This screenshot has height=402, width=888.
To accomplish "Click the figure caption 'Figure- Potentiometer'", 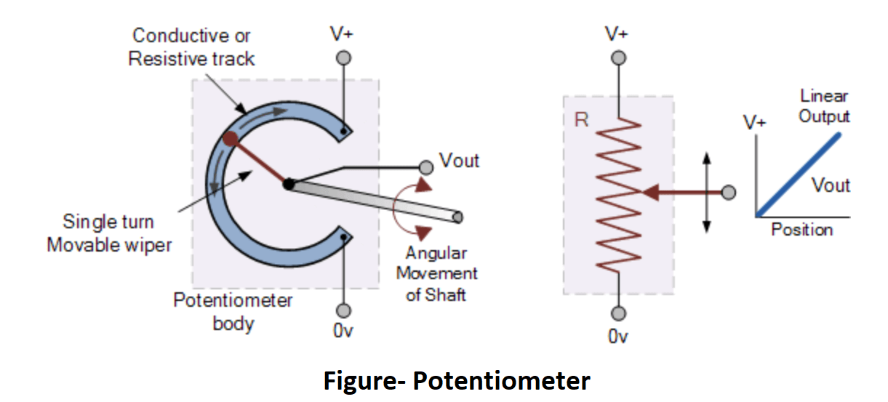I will (x=457, y=380).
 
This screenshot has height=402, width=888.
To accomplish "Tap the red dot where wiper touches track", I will (x=231, y=139).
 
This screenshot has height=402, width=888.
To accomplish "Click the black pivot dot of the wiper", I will (x=289, y=185).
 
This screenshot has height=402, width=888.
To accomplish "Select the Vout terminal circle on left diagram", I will (x=426, y=167).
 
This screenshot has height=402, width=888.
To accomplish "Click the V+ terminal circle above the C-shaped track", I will (x=344, y=57).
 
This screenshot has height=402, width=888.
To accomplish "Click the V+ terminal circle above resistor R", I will (x=617, y=58).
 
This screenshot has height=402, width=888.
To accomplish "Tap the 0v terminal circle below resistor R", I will (x=617, y=313).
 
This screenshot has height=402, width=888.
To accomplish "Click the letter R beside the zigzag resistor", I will (x=581, y=120).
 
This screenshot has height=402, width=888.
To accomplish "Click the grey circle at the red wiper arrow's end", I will (x=727, y=193).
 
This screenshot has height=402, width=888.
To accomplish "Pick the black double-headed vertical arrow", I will (x=705, y=193).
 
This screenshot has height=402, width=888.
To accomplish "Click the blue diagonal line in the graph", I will (x=799, y=174).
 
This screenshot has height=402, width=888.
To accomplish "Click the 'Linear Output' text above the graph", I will (x=824, y=105).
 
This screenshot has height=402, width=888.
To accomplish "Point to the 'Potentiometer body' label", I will (x=233, y=311).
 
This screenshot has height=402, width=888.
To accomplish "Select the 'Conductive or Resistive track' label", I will (x=191, y=47).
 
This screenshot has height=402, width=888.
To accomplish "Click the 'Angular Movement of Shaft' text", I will (x=436, y=274).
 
